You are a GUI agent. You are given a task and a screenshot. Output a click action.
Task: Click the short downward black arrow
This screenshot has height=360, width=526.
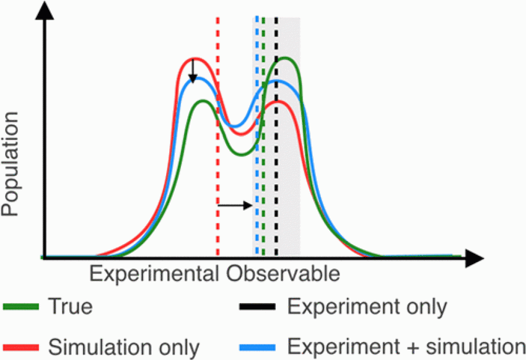[192, 72]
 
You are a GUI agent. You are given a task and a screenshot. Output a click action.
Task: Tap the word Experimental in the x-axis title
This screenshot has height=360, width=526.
[154, 273]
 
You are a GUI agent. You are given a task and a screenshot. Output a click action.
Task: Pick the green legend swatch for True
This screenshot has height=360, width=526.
[21, 307]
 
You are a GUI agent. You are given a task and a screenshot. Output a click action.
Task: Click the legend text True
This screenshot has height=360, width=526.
[70, 307]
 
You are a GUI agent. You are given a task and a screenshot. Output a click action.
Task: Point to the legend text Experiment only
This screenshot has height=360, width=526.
[366, 307]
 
